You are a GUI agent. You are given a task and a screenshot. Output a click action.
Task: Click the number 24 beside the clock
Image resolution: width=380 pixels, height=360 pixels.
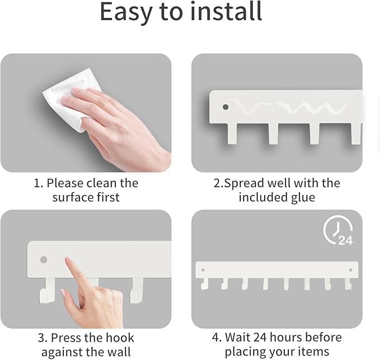point(345,240)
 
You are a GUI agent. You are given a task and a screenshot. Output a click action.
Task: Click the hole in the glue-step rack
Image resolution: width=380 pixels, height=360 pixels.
point(226,106)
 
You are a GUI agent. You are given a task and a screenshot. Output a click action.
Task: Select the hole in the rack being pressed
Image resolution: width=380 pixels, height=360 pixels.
point(44,260)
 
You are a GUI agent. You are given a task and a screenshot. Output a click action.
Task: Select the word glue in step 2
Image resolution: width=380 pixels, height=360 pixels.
point(302,197)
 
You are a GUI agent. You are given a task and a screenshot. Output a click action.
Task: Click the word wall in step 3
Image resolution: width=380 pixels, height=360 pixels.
point(119,352)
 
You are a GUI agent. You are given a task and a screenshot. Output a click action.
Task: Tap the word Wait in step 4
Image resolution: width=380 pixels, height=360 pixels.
point(239,337)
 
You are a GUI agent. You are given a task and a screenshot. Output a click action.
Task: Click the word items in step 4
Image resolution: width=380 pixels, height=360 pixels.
point(315,352)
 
